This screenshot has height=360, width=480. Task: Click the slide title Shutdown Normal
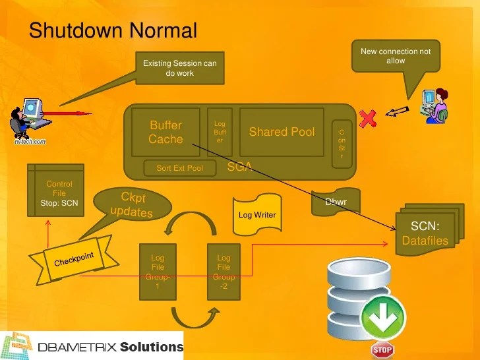pyautogui.click(x=113, y=30)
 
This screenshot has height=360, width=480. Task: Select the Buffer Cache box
pyautogui.click(x=165, y=132)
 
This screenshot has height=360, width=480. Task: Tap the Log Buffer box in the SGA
pyautogui.click(x=220, y=132)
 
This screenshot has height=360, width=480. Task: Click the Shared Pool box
pyautogui.click(x=282, y=132)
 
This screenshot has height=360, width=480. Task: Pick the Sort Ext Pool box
pyautogui.click(x=179, y=168)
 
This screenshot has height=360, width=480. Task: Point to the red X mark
pyautogui.click(x=368, y=119)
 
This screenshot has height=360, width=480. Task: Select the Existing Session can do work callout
pyautogui.click(x=179, y=68)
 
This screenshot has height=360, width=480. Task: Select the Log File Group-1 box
pyautogui.click(x=158, y=272)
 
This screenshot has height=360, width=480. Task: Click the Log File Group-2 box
pyautogui.click(x=224, y=272)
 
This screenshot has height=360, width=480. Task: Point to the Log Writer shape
pyautogui.click(x=257, y=215)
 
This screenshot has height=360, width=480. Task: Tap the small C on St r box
pyautogui.click(x=342, y=144)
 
